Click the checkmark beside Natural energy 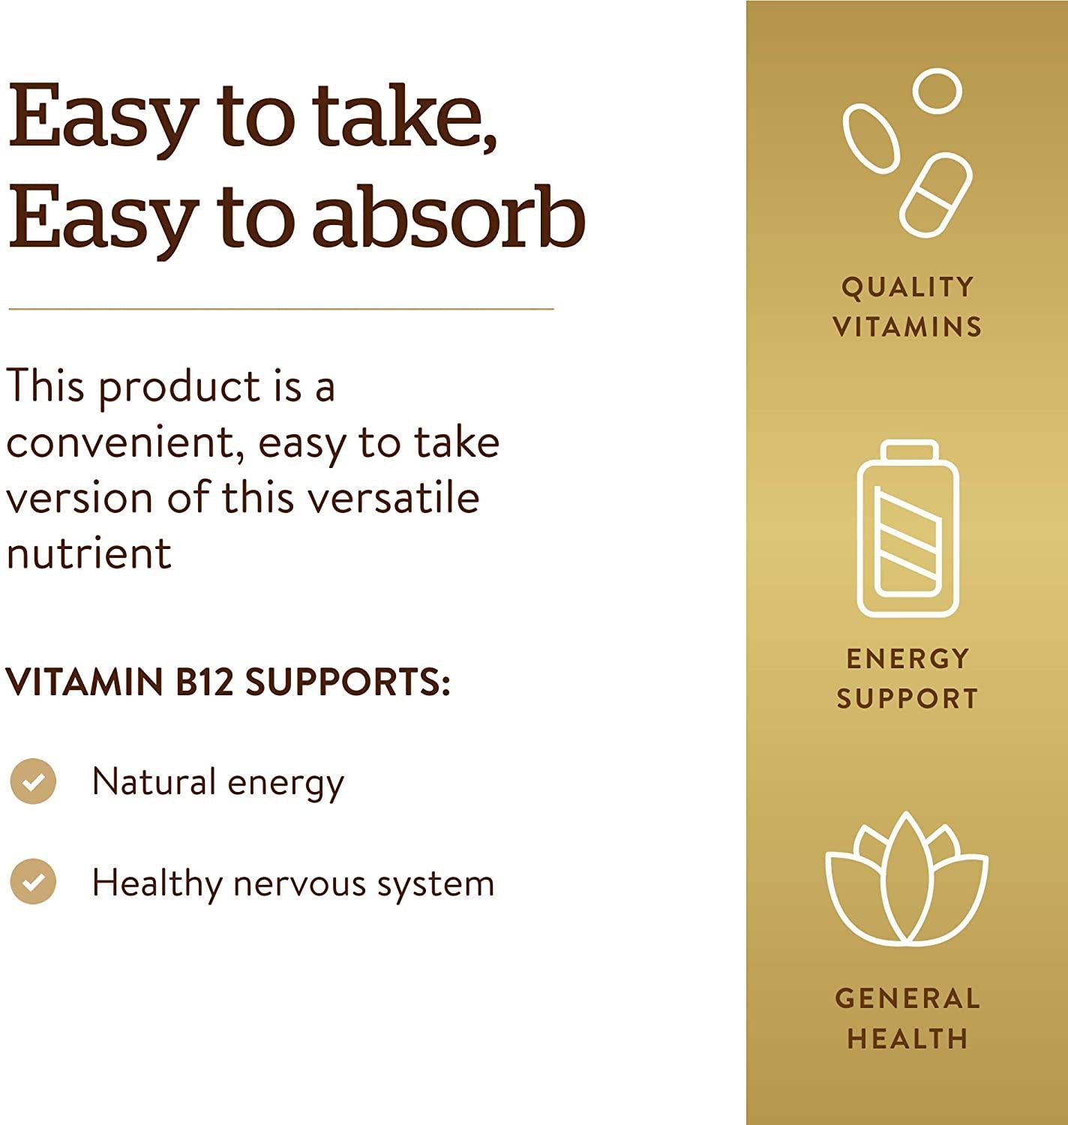tap(33, 781)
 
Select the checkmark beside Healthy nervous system tap(33, 881)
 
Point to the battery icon tap(907, 529)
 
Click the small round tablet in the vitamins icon tap(937, 91)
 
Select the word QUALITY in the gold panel tap(907, 287)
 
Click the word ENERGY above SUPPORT tap(907, 658)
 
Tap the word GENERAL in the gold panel tap(907, 998)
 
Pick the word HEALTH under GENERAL tap(907, 1039)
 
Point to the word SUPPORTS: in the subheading tap(348, 682)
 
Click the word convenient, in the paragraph tap(127, 442)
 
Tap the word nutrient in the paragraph tap(88, 553)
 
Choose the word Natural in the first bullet tap(154, 781)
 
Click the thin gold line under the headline tap(281, 308)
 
